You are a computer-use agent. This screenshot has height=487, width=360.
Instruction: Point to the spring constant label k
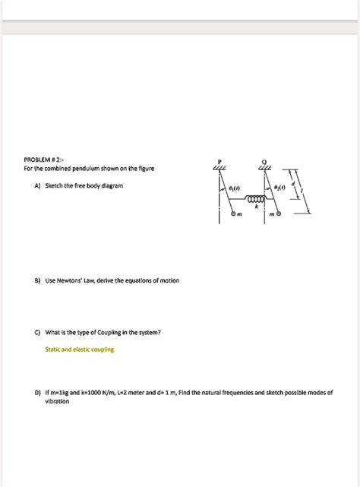[x=256, y=206]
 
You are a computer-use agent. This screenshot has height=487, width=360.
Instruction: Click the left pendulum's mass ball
[x=235, y=214]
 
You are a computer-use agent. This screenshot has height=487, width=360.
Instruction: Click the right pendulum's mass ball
[x=279, y=214]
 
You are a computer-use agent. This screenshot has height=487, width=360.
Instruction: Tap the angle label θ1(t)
[x=234, y=187]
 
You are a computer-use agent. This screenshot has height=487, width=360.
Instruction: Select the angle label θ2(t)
[x=279, y=187]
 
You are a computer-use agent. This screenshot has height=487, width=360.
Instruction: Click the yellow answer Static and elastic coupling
[x=80, y=349]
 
